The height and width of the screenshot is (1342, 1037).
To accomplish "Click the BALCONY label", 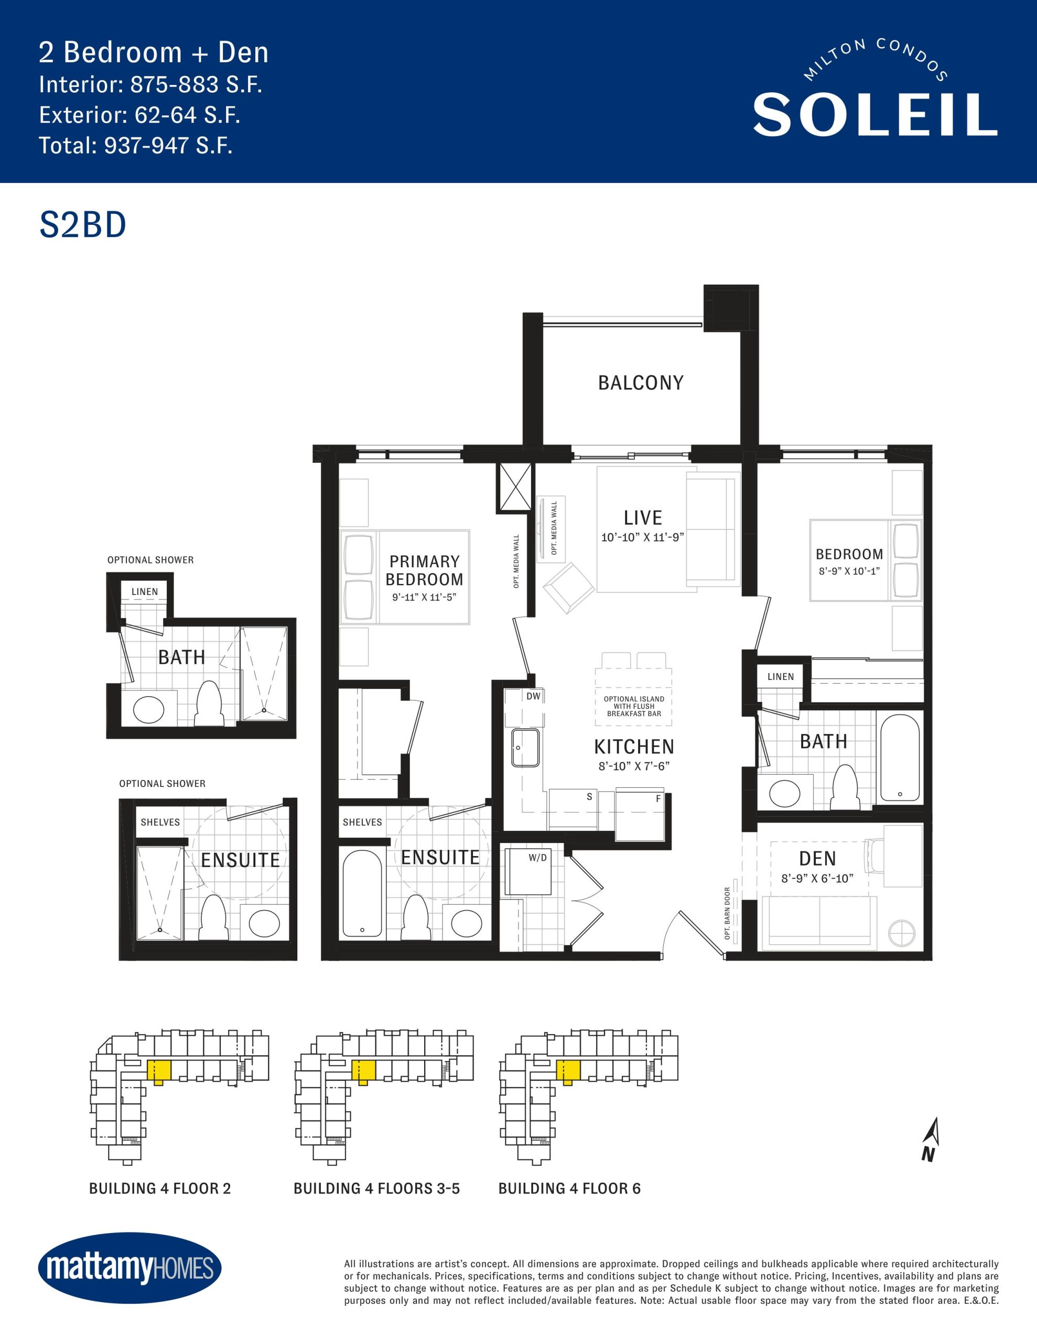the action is (x=641, y=383).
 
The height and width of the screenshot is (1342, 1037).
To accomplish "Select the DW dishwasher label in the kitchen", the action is (x=533, y=696).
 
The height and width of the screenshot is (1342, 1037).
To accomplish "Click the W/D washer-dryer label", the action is (x=537, y=858).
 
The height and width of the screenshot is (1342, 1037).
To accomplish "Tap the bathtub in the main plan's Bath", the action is (x=900, y=758).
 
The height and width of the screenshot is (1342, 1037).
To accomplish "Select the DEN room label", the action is (x=817, y=859).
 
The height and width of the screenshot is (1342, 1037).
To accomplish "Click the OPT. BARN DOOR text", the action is (x=727, y=913).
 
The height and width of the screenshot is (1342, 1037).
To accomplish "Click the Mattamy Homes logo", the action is (x=129, y=1268).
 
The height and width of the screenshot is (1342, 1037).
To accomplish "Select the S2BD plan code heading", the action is (x=83, y=225).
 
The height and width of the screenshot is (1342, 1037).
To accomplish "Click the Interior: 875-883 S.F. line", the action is (x=150, y=84).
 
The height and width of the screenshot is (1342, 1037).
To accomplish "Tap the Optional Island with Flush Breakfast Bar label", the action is (x=634, y=706).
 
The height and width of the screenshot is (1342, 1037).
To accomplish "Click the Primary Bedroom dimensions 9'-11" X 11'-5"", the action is (x=424, y=597).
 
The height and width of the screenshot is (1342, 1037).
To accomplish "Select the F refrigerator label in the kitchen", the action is (x=658, y=799).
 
